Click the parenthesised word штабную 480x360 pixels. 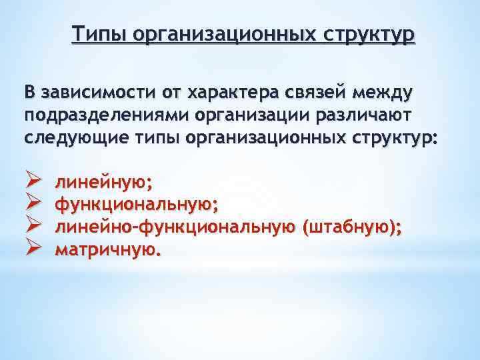click(x=348, y=227)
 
